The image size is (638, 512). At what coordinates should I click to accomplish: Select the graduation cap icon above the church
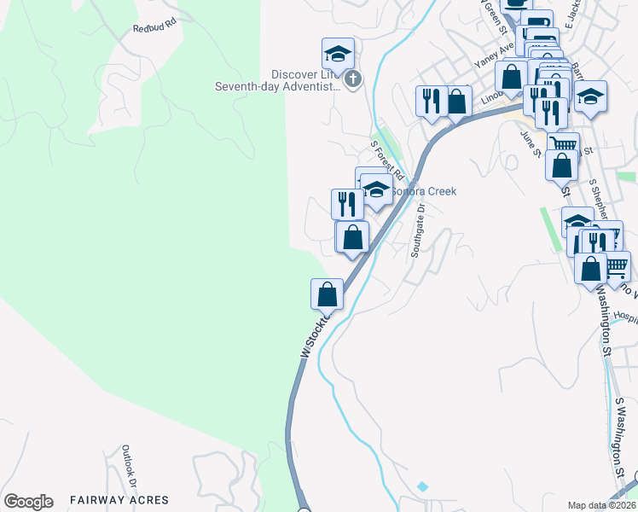pyautogui.click(x=338, y=54)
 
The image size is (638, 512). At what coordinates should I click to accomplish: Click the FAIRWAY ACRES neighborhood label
pyautogui.click(x=119, y=500)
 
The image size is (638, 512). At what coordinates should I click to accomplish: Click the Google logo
pyautogui.click(x=28, y=502)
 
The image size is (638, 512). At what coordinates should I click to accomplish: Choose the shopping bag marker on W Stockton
pyautogui.click(x=327, y=294)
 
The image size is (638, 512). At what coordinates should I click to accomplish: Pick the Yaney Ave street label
pyautogui.click(x=492, y=57)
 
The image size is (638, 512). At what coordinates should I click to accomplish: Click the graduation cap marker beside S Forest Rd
pyautogui.click(x=375, y=189)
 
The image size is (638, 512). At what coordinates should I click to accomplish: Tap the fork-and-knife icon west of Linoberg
pyautogui.click(x=432, y=101)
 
